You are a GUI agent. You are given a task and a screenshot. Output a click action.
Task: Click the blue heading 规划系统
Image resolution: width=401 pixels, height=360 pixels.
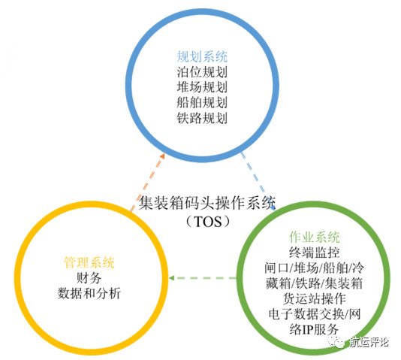(202, 56)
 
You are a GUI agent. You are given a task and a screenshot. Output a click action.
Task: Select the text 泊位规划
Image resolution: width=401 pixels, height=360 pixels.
(202, 72)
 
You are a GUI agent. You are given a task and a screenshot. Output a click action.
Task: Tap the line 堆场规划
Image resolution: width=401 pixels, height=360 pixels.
(202, 87)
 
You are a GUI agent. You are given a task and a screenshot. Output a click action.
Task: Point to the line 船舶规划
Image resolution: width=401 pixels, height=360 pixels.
(202, 103)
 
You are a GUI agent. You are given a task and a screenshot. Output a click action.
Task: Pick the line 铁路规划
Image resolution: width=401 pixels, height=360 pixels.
(202, 118)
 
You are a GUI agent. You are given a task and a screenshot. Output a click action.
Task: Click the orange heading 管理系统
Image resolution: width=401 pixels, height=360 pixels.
(89, 262)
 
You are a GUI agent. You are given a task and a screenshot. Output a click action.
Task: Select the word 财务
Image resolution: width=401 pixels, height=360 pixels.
(89, 278)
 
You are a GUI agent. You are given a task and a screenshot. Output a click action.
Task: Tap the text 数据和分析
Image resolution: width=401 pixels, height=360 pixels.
(89, 293)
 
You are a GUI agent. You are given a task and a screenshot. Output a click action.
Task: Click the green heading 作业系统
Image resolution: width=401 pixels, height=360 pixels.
(315, 237)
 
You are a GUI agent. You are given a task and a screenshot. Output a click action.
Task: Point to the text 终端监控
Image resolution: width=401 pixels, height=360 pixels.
(315, 253)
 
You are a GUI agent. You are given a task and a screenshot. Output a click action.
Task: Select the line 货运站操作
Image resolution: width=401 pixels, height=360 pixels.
(315, 298)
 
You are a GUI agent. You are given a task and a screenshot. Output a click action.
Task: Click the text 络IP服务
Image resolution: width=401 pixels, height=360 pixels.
(315, 329)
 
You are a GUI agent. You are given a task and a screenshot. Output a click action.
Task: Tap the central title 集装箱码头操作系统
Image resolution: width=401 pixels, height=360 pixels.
(207, 204)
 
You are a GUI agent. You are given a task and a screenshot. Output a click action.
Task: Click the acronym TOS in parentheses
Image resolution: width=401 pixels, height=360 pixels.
(208, 222)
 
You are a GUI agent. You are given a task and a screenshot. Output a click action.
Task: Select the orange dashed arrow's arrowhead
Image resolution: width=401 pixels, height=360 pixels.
(162, 156)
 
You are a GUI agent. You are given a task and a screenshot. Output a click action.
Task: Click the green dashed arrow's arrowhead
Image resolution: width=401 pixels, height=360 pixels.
(172, 278)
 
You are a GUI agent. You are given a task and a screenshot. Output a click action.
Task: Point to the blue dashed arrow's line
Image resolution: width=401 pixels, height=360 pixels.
(258, 180)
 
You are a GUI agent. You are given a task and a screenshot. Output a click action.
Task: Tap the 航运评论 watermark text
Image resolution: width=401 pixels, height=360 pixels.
(369, 342)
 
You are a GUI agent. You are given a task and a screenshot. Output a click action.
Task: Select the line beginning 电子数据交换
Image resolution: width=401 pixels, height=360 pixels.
(315, 314)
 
